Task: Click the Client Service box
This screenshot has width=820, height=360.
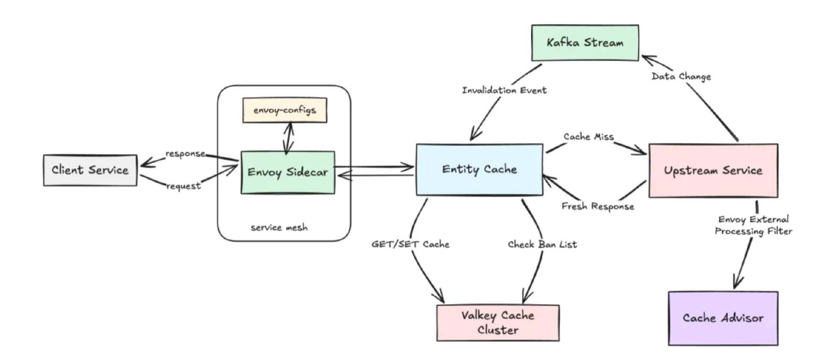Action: point(90,170)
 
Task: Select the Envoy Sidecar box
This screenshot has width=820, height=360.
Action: point(288,172)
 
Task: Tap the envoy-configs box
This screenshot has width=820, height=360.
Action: point(285,110)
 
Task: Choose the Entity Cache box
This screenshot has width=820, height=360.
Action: point(480,170)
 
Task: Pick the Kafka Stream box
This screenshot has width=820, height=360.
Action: point(585,43)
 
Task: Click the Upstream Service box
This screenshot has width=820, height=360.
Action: point(713,170)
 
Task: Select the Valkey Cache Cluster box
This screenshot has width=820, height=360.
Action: point(498,323)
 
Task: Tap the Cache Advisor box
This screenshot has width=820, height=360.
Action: point(723,318)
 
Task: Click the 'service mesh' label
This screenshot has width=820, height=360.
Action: point(279,228)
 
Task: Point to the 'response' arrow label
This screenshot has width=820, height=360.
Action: point(185,154)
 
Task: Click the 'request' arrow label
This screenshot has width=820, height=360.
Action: point(183,186)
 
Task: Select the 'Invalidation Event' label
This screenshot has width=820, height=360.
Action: point(504,90)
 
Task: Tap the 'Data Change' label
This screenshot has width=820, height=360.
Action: point(681,76)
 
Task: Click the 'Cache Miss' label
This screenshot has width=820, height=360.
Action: point(589,137)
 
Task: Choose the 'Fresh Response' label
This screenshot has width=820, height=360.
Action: point(598,206)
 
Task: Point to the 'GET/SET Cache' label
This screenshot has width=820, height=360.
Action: point(410,244)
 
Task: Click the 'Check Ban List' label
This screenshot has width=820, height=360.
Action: point(542,244)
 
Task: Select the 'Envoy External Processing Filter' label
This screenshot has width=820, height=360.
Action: point(753,225)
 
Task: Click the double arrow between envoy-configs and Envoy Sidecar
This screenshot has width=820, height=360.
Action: point(289,138)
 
